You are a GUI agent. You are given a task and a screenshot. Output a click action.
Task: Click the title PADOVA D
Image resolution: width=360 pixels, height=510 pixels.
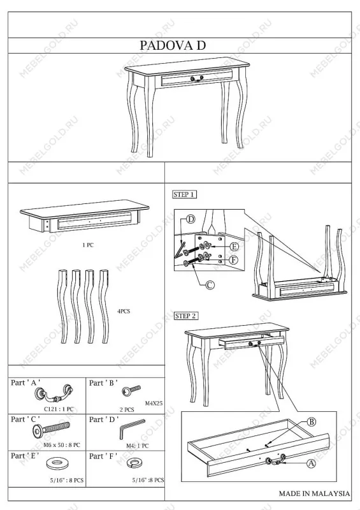click(173, 45)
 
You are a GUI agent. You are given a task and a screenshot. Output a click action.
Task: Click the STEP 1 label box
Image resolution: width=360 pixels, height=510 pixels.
click(185, 194)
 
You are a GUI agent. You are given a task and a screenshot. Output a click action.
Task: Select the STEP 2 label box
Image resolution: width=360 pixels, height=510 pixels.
click(186, 316)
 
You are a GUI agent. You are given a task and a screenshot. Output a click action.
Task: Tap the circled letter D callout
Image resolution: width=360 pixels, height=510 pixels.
click(191, 219)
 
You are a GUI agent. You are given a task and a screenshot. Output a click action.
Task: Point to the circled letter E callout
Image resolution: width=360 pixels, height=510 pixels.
click(234, 247)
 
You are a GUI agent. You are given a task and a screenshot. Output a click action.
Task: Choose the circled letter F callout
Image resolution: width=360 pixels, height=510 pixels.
click(234, 260)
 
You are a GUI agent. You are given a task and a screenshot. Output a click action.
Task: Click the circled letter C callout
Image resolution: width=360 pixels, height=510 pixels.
click(210, 285)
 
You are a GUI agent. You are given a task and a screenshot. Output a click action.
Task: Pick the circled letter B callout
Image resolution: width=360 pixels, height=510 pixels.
click(312, 422)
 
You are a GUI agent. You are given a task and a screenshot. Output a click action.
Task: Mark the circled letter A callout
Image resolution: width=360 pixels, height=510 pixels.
click(312, 463)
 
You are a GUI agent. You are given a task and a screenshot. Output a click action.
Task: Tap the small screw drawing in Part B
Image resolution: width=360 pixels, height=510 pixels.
click(131, 390)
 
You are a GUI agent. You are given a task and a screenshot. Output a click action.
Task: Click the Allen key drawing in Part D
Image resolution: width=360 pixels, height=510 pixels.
click(131, 429)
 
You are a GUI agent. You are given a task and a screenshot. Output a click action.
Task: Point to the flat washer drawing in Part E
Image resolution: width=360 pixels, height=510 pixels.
click(59, 463)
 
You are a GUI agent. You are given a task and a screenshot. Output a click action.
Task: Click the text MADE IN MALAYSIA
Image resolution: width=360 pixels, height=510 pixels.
click(315, 493)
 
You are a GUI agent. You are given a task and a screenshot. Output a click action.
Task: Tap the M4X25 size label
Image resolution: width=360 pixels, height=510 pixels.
click(154, 404)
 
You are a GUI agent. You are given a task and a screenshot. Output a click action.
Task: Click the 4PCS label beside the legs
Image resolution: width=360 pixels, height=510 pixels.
click(124, 311)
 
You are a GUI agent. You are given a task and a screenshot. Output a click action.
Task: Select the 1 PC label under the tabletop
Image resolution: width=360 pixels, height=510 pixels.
click(88, 245)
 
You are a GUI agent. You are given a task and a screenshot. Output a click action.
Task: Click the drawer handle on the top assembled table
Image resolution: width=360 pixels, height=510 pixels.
click(197, 78)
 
